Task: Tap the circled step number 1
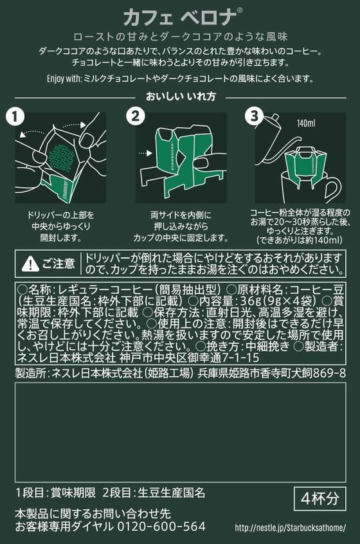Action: pyautogui.click(x=15, y=116)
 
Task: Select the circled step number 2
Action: pyautogui.click(x=135, y=116)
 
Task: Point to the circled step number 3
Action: pyautogui.click(x=254, y=116)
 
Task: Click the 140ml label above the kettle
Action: pyautogui.click(x=306, y=123)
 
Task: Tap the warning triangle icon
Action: pyautogui.click(x=30, y=264)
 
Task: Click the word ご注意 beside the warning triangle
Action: pyautogui.click(x=59, y=264)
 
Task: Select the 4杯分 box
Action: pyautogui.click(x=320, y=498)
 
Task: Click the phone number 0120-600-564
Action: pyautogui.click(x=161, y=526)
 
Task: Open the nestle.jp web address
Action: pyautogui.click(x=291, y=528)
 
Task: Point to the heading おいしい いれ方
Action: pyautogui.click(x=181, y=96)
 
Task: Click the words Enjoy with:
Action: pyautogui.click(x=64, y=78)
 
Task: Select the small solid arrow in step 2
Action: pyautogui.click(x=145, y=153)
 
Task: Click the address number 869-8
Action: pyautogui.click(x=330, y=373)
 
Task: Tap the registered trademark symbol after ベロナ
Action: pyautogui.click(x=239, y=11)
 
